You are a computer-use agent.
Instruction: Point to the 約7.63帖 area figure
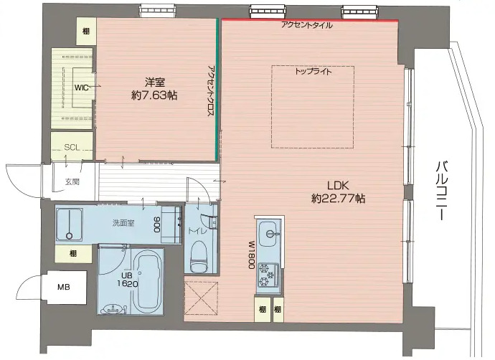tap(154, 95)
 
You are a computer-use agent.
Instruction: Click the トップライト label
tap(313, 72)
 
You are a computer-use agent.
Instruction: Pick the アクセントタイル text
tap(306, 25)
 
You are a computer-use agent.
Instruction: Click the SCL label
tap(72, 147)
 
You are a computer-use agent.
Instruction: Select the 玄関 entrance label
tap(71, 181)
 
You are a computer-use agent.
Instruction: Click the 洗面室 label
tap(123, 223)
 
